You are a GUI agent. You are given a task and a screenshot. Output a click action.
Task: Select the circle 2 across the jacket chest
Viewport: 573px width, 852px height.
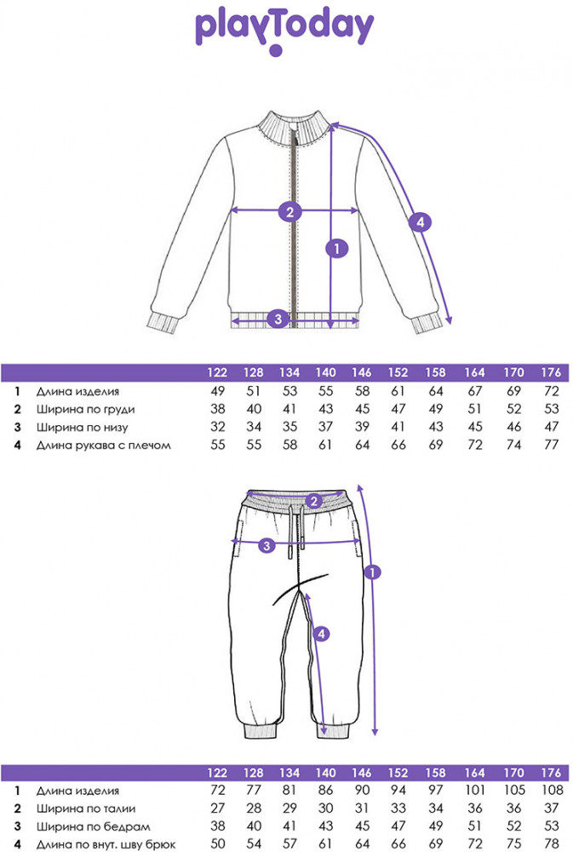click(290, 211)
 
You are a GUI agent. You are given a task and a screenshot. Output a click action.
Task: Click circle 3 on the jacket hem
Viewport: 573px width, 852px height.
click(275, 319)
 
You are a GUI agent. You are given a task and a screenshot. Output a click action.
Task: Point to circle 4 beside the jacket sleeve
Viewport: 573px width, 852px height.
click(417, 222)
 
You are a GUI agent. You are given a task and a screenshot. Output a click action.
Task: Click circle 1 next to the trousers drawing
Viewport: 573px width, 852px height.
click(370, 573)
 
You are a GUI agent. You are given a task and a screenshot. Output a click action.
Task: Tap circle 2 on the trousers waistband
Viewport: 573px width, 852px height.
click(313, 501)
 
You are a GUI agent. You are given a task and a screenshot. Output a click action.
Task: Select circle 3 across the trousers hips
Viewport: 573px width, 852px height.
click(266, 545)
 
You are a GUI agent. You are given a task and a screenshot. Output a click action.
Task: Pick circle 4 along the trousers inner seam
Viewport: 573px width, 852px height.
click(320, 634)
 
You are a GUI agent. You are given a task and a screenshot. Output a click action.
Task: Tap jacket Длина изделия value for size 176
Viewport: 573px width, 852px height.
click(551, 391)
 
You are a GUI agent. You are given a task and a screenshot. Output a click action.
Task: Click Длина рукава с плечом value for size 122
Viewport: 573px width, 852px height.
click(217, 445)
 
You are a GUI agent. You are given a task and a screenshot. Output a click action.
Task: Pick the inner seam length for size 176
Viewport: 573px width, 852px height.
click(551, 844)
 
